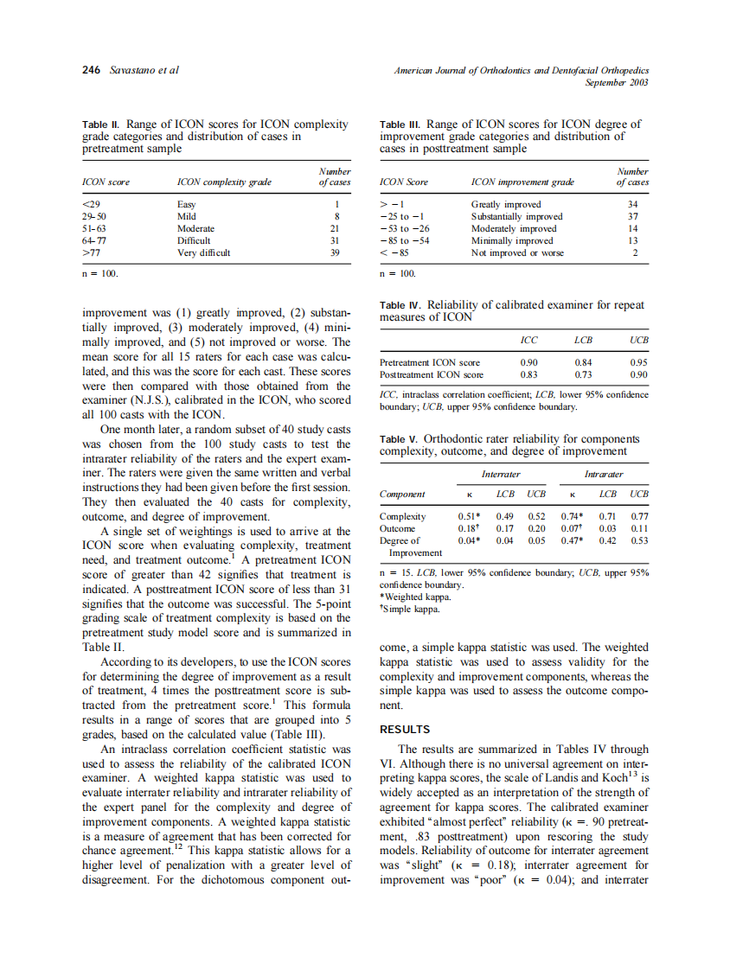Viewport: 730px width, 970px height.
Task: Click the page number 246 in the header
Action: [x=91, y=70]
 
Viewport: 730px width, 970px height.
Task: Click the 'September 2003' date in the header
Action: [x=617, y=82]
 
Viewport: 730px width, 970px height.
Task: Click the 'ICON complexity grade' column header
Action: [x=224, y=182]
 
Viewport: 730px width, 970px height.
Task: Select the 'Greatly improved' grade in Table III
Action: [x=506, y=204]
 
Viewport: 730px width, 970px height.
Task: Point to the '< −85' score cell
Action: [x=395, y=252]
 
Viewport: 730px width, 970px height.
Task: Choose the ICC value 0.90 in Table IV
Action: [x=528, y=363]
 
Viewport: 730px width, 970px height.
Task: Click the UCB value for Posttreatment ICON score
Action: [x=639, y=375]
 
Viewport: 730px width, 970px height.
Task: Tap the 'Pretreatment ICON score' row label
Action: [x=430, y=363]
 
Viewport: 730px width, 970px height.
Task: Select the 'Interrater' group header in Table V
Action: [x=501, y=474]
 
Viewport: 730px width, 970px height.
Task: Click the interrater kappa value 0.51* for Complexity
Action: [x=469, y=516]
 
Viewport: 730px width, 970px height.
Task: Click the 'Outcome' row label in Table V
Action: [x=398, y=528]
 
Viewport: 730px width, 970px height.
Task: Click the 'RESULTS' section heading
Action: [x=405, y=730]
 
